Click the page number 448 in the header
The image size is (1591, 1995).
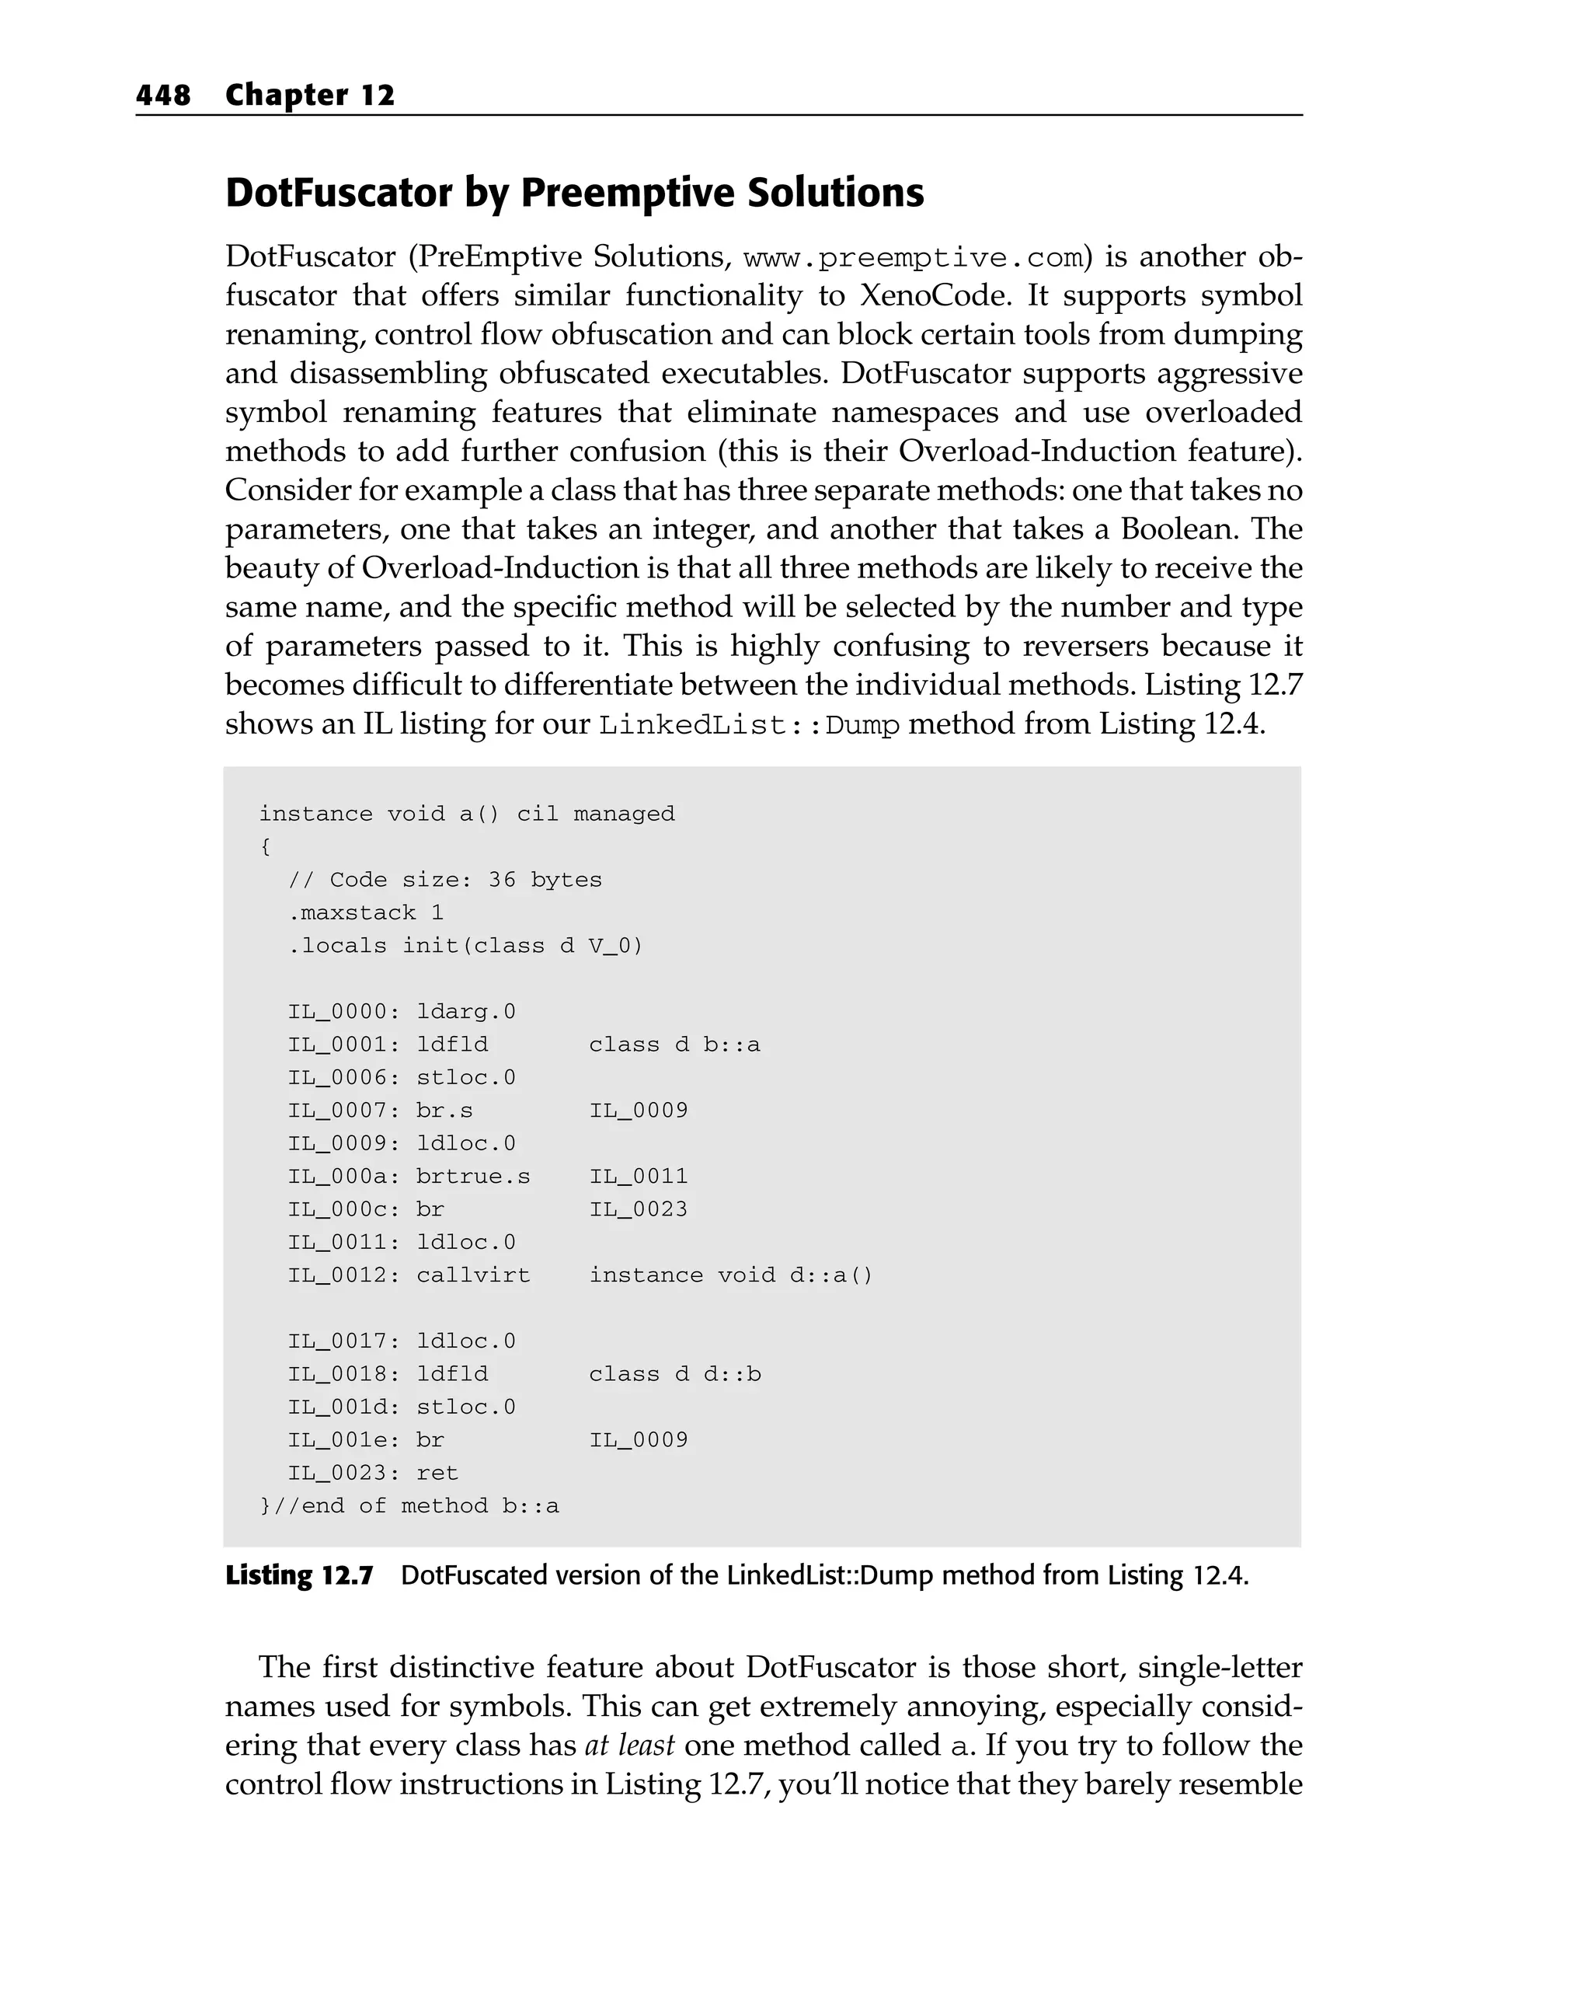(x=163, y=96)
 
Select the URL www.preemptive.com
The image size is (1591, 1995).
(x=911, y=257)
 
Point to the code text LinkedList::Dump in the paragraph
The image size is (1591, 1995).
(x=749, y=724)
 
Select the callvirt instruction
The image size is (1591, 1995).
(x=472, y=1275)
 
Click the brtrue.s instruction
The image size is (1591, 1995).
(x=472, y=1176)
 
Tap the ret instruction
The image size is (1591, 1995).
(x=437, y=1472)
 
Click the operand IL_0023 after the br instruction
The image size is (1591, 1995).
(x=639, y=1209)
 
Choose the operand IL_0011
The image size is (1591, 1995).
(x=639, y=1176)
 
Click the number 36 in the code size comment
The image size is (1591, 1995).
(x=501, y=880)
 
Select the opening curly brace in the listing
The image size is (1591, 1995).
(x=266, y=846)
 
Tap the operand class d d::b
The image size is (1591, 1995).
(x=674, y=1374)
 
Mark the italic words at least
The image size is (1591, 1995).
(x=629, y=1746)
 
